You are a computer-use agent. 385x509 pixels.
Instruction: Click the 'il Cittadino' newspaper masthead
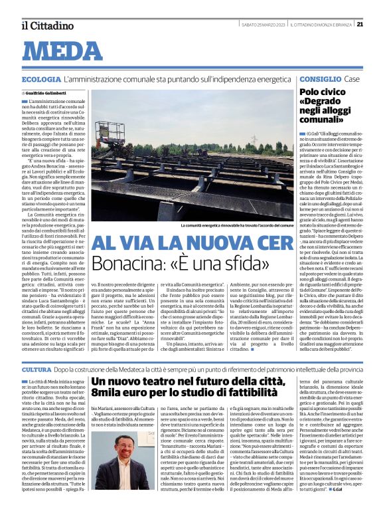pos(47,25)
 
